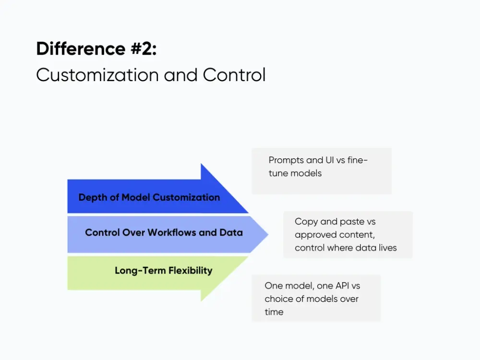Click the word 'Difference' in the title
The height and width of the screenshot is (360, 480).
coord(74,49)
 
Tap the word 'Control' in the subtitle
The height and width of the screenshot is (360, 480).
coord(234,75)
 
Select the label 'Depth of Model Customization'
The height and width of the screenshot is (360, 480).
coord(149,197)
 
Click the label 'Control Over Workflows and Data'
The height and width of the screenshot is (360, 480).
coord(164,232)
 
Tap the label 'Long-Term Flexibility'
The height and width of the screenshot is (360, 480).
coord(163,270)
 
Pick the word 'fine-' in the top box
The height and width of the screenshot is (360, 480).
coord(357,160)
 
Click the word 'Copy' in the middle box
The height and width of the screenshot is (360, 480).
coord(305,222)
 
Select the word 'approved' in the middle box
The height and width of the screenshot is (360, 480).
coord(314,235)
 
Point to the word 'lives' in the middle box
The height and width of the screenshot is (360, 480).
coord(387,248)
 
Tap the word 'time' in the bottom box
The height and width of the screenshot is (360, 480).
coord(274,312)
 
